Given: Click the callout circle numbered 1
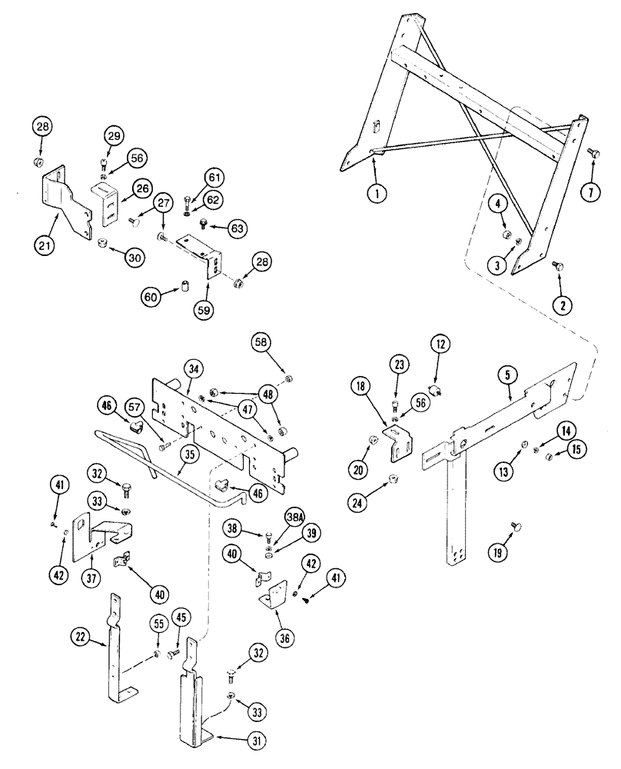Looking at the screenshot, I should (x=376, y=195).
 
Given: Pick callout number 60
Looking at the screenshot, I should (x=151, y=296).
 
